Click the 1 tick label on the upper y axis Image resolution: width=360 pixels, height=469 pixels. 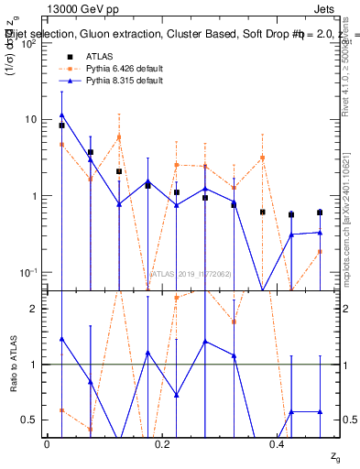pos(35,196)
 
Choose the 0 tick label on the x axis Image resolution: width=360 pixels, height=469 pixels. pos(47,444)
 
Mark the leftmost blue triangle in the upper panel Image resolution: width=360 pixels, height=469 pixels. pos(61,115)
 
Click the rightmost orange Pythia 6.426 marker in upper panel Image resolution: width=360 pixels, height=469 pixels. pos(320,251)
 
